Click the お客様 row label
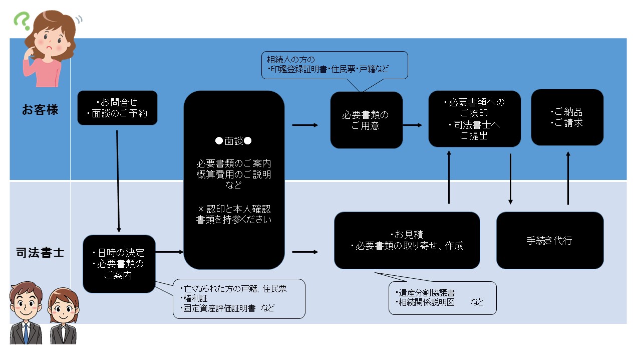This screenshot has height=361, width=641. point(40,110)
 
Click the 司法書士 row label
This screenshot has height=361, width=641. point(40,252)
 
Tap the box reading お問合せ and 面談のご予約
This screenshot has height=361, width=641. point(117,108)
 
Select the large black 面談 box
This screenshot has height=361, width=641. point(234,180)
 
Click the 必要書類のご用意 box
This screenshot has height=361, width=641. point(366,120)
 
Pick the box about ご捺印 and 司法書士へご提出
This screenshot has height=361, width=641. point(474,119)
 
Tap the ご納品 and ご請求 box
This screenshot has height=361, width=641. point(567,117)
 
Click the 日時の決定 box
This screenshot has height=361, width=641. point(119,264)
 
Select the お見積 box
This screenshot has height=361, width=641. point(407,240)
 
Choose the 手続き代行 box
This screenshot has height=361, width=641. point(549,240)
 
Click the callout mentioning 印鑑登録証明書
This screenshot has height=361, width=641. point(335,65)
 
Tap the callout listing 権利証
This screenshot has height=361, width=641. point(239,298)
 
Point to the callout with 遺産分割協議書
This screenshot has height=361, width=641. point(442,297)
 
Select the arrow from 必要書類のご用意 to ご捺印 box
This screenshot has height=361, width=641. point(413,125)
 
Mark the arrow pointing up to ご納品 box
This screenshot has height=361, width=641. point(568,178)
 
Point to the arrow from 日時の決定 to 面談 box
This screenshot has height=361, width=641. point(170,252)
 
